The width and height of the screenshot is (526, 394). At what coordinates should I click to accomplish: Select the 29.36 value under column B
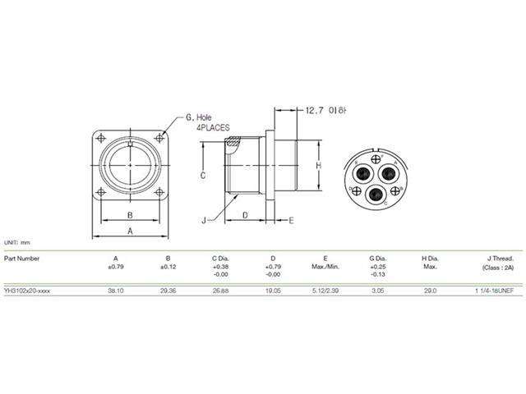[168, 291]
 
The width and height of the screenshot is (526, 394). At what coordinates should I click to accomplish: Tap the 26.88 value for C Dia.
[220, 291]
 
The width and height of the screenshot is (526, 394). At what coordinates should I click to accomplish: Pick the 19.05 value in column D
[271, 291]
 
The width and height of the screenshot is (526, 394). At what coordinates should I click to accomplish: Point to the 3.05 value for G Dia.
[377, 291]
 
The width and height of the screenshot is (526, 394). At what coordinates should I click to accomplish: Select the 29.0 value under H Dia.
[430, 291]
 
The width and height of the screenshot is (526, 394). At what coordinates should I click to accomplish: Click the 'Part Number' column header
[21, 257]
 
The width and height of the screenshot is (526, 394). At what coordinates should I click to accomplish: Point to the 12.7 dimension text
[313, 109]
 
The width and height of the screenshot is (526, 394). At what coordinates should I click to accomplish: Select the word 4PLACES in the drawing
[212, 129]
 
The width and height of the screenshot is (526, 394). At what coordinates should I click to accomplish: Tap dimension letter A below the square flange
[130, 232]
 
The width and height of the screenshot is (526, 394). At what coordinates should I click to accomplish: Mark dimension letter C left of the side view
[202, 176]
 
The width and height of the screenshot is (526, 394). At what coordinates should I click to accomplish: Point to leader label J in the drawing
[202, 219]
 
